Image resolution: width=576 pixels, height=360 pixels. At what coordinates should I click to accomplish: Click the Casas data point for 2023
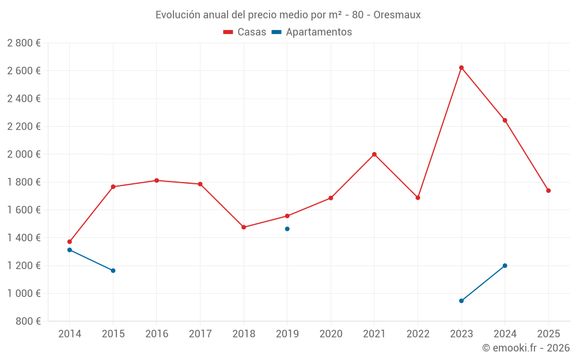point(461,67)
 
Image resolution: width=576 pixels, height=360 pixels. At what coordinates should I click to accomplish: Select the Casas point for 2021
point(374,154)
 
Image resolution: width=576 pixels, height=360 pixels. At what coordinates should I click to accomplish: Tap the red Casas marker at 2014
point(70,242)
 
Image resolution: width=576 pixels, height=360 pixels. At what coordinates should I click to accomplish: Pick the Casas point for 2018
point(244,228)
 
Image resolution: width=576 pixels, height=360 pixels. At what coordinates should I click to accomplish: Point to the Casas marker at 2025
point(548,191)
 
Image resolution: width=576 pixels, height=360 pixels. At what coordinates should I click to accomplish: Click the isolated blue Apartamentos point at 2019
point(287,229)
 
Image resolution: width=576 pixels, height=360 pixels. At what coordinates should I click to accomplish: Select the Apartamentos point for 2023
point(461,301)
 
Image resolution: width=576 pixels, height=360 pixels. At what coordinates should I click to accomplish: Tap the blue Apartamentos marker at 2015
point(113,271)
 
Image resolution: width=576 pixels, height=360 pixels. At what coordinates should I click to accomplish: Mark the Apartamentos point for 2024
point(505,266)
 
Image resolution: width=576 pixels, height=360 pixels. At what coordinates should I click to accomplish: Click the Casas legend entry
point(245,32)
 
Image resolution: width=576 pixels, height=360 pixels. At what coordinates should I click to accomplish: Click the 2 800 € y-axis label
point(24,43)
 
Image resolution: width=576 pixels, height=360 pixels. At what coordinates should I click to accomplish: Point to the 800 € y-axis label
point(28,321)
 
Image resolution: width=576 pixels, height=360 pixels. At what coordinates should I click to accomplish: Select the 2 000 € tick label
point(24,154)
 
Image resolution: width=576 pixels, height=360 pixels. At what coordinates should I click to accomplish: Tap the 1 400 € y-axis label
point(24,238)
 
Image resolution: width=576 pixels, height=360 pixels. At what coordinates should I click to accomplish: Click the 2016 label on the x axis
point(157,334)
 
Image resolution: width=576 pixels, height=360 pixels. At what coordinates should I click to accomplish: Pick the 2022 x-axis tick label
point(418,334)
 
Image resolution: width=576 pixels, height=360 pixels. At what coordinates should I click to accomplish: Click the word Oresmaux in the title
point(397,15)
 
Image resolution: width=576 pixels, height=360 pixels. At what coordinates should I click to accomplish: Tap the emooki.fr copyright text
point(526,348)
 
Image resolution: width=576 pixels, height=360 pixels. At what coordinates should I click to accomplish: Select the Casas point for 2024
point(505,120)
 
